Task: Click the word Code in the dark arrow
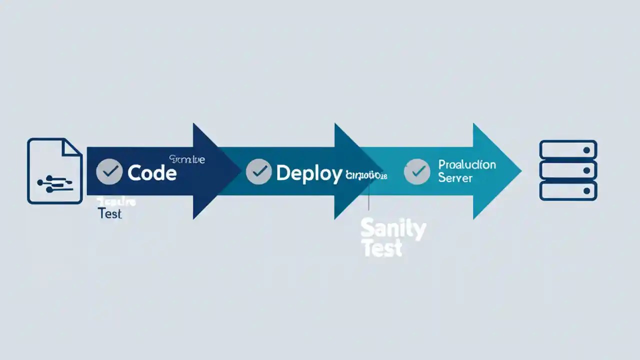152,173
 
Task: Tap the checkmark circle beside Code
108,172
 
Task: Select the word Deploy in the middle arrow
309,173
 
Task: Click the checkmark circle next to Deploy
259,172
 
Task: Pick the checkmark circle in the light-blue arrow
416,171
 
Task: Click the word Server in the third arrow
455,178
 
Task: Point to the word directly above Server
466,164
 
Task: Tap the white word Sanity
393,229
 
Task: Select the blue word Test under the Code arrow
110,214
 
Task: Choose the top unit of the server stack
568,150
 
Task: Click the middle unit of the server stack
568,170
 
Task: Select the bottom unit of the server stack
568,191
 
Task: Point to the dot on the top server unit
586,150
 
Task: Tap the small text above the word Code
187,159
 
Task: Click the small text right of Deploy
366,175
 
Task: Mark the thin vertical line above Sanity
368,197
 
